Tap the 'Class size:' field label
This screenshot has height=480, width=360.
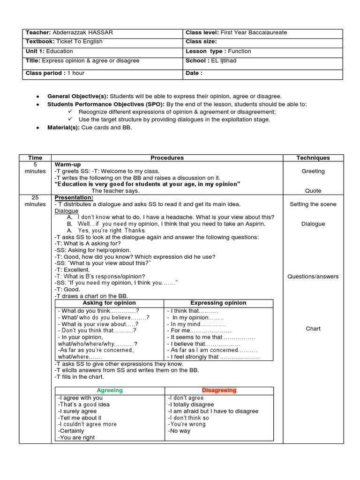coord(201,42)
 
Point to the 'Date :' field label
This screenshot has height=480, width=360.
coord(194,73)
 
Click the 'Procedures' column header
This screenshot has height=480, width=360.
coord(167,158)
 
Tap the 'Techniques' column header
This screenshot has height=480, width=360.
coord(313,158)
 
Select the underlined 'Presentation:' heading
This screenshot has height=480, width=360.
coord(74,198)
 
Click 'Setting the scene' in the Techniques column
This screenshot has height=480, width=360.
coord(313,204)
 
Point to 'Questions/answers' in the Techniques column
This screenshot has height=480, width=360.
coord(313,277)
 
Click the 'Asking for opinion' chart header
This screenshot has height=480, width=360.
coord(109,303)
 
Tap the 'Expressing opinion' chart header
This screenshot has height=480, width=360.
coord(218,303)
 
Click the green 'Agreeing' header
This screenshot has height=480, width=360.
coord(110,390)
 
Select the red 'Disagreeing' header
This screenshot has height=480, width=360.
coord(219,390)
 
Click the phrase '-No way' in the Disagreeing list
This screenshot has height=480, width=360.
coord(180,431)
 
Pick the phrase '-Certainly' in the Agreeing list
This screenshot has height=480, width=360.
coord(71,431)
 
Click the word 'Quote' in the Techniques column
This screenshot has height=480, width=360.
coord(313,191)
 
